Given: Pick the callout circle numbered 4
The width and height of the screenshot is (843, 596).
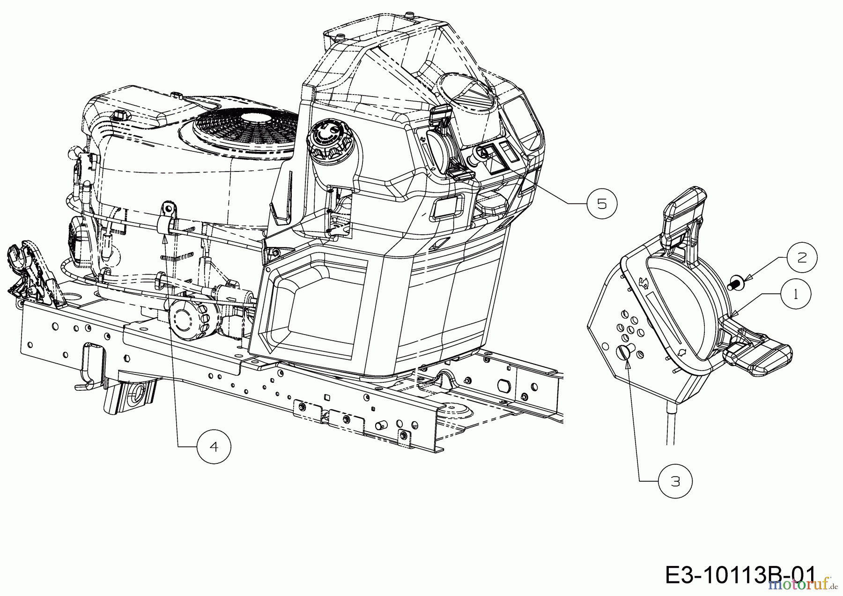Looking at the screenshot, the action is click(214, 446).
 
